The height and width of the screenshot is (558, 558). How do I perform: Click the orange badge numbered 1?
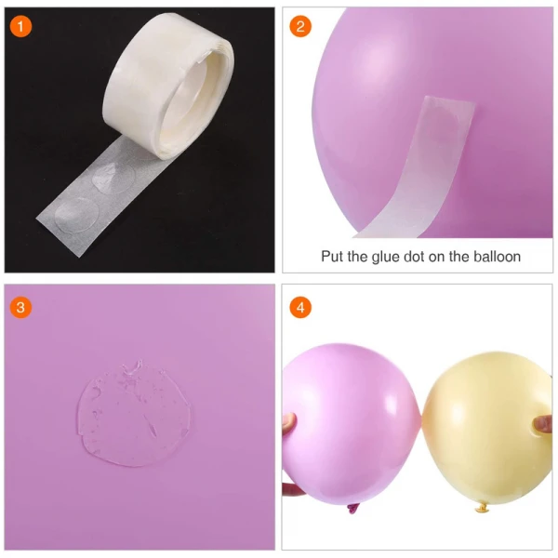click(20, 27)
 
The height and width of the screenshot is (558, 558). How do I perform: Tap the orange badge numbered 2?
click(300, 27)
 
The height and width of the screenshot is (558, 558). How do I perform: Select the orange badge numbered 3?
click(20, 308)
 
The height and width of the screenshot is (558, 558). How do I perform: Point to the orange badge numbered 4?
click(300, 308)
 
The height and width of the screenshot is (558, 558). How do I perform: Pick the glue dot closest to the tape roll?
click(113, 177)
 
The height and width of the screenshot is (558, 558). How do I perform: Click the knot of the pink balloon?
click(352, 509)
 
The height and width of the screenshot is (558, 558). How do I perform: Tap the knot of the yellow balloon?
click(483, 508)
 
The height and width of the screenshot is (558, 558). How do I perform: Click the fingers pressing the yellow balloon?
click(543, 425)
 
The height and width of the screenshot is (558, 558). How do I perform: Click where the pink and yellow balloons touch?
click(421, 417)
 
